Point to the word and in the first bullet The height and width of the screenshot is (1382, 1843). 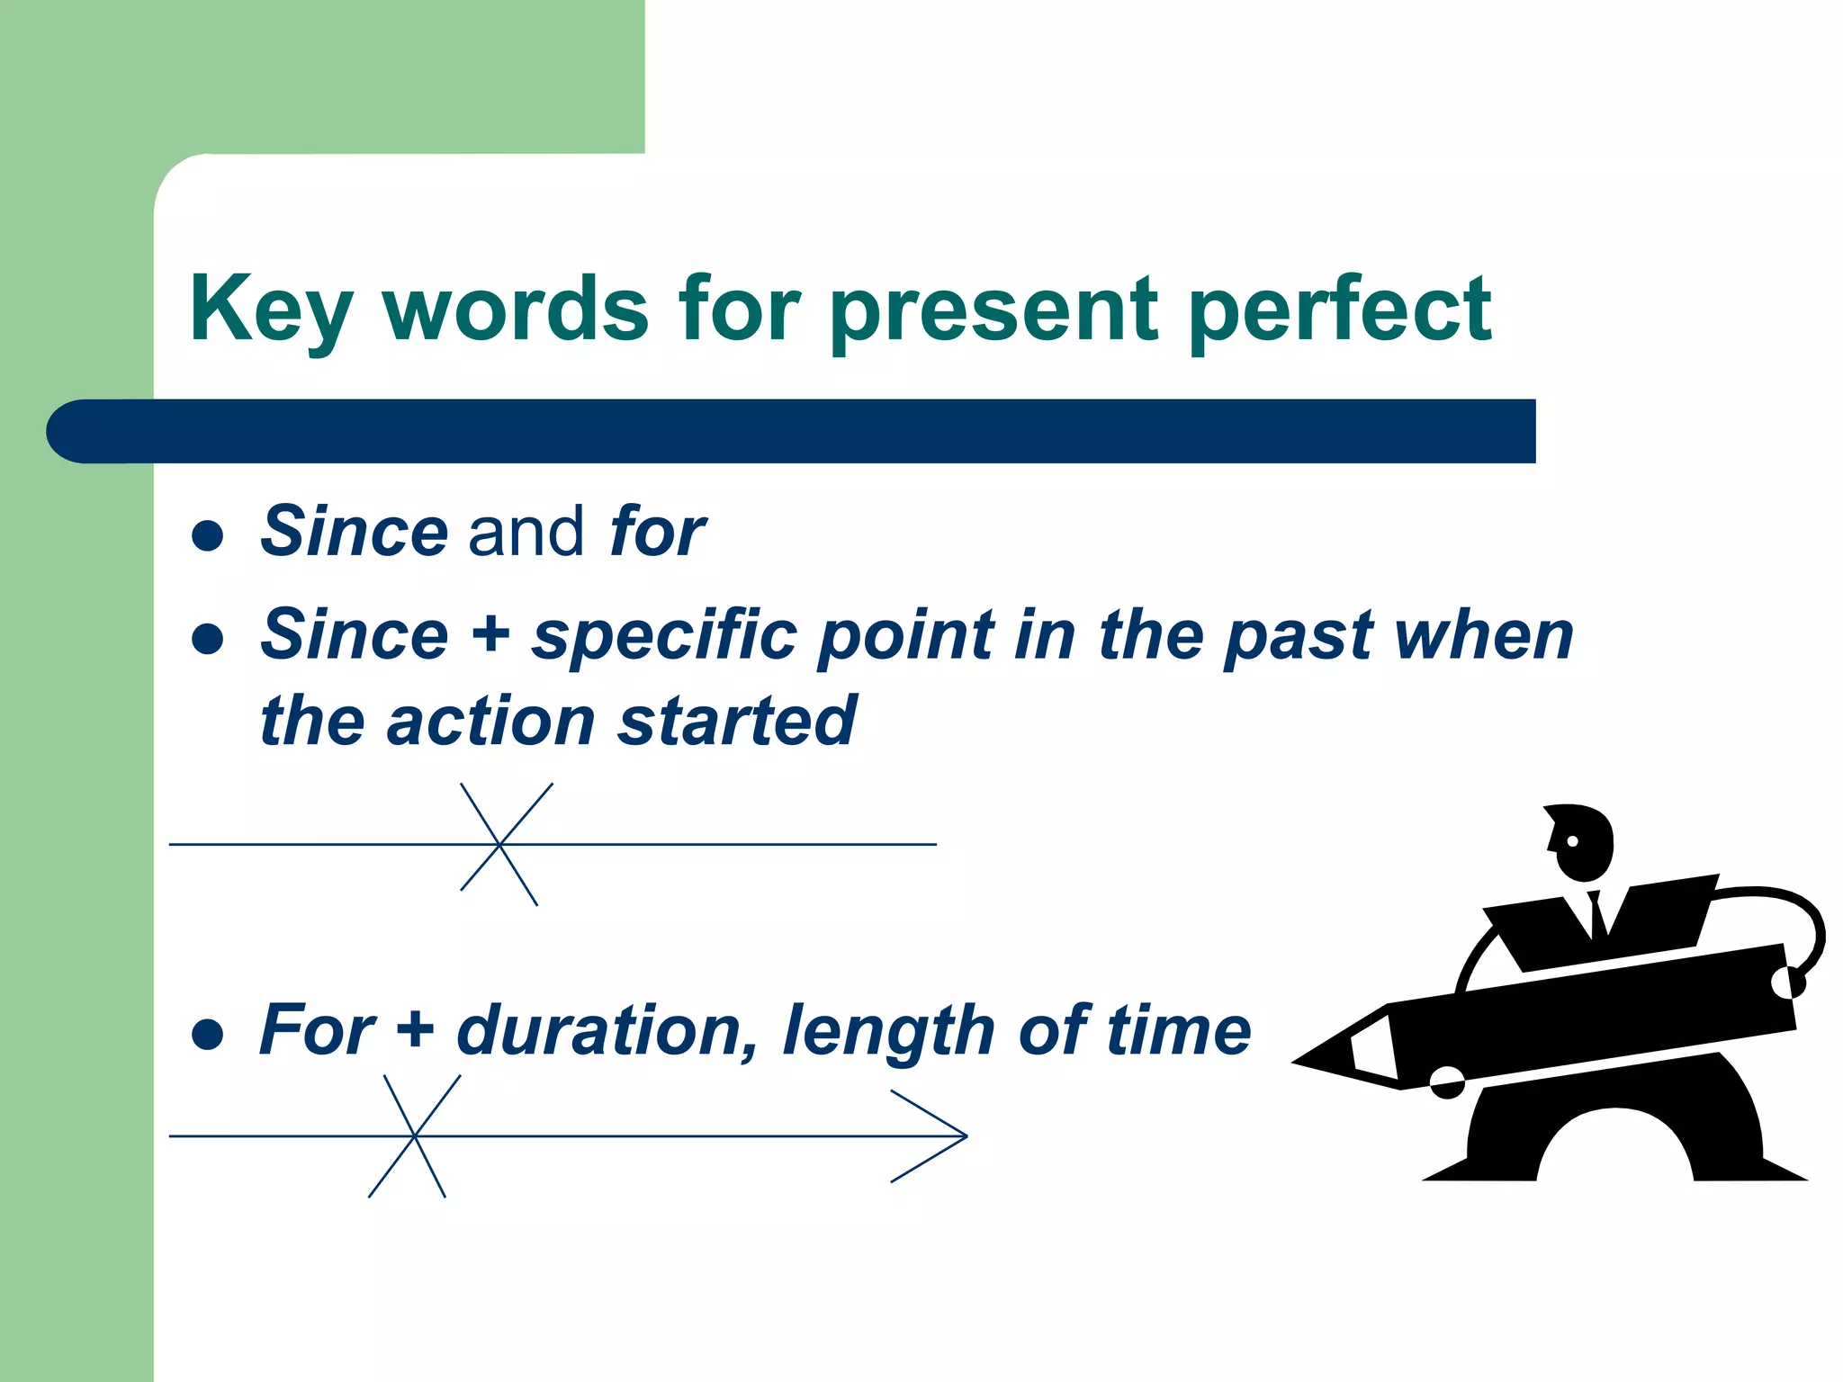[x=526, y=532]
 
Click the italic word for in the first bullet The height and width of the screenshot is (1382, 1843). [x=657, y=532]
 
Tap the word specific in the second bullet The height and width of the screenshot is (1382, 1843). [x=664, y=635]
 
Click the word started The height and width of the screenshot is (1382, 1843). [x=736, y=722]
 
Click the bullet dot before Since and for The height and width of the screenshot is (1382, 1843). [x=208, y=536]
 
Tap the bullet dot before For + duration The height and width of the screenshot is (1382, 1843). [x=208, y=1035]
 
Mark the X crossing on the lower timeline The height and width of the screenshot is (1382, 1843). [x=415, y=1136]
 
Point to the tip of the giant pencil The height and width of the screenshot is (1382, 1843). [x=1300, y=1063]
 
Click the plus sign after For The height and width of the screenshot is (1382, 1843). [x=415, y=1028]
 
